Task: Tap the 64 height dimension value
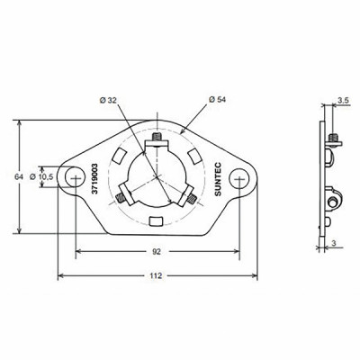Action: pyautogui.click(x=18, y=176)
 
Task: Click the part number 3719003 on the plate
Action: pyautogui.click(x=94, y=177)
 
